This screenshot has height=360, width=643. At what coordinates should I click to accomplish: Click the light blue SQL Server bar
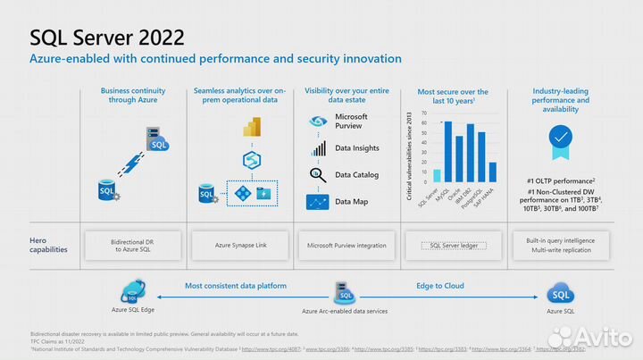(x=437, y=175)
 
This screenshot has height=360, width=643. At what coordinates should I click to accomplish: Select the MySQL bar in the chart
(x=448, y=152)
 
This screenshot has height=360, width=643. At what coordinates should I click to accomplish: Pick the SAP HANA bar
(x=493, y=172)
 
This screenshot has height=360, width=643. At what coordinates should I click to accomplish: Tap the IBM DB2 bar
(x=471, y=154)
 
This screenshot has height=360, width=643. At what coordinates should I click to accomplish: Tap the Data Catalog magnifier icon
(x=318, y=175)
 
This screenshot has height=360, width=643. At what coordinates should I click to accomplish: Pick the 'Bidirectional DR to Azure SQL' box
(x=133, y=244)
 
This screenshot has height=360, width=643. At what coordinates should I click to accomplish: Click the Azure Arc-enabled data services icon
(x=343, y=292)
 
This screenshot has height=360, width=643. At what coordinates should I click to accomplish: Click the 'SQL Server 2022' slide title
(x=107, y=37)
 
